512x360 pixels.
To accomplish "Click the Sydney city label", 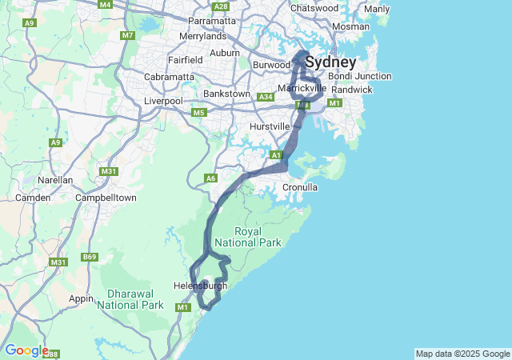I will pos(330,62).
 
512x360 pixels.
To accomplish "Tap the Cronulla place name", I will pos(301,187).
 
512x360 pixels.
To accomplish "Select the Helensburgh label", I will pos(200,286).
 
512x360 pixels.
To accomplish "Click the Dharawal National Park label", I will pos(130,299).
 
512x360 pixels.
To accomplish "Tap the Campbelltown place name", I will pos(105,197).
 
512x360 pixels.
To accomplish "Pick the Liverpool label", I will pos(163,101).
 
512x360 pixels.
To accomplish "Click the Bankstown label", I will pos(227,94).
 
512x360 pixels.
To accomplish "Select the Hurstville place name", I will pos(269,126).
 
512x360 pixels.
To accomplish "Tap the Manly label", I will pos(377,9).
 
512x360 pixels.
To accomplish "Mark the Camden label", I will pos(33,197).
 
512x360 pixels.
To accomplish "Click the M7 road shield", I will pos(128,35).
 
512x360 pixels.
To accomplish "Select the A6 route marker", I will pos(211,178).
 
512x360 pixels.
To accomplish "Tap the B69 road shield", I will pos(90,257).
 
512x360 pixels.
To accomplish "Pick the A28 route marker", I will pos(222,6).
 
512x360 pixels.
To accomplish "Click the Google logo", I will pos(26,350).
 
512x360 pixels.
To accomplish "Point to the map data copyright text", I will pos(462,354).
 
